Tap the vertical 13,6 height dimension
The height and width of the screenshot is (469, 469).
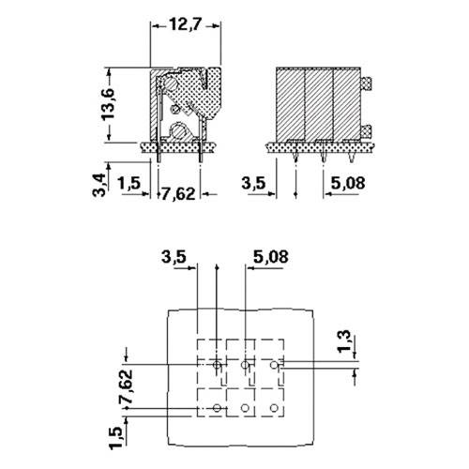pyautogui.click(x=110, y=104)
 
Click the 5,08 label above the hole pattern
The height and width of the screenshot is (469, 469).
pyautogui.click(x=271, y=255)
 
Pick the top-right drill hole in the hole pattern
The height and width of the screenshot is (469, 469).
pyautogui.click(x=273, y=364)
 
